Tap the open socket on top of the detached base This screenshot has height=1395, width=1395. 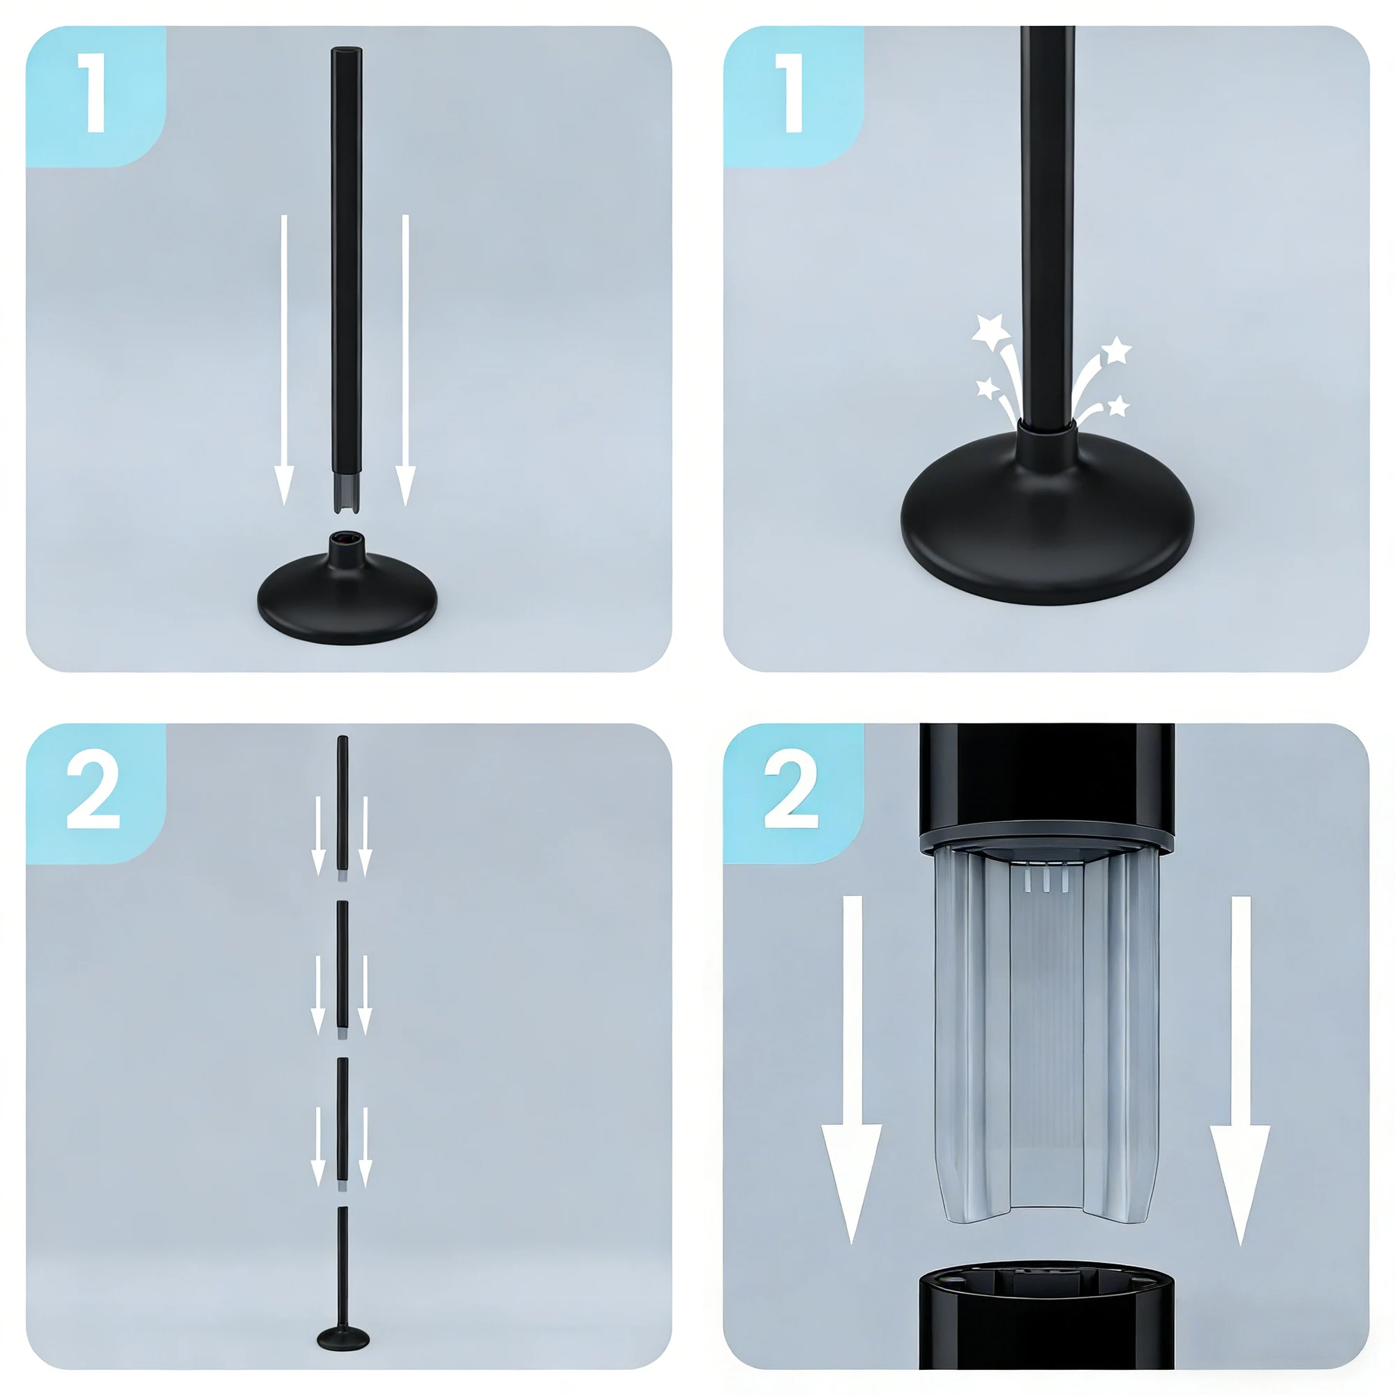pos(347,538)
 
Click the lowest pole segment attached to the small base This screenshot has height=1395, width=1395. pos(342,1267)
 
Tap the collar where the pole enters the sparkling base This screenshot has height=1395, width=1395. pos(1047,442)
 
